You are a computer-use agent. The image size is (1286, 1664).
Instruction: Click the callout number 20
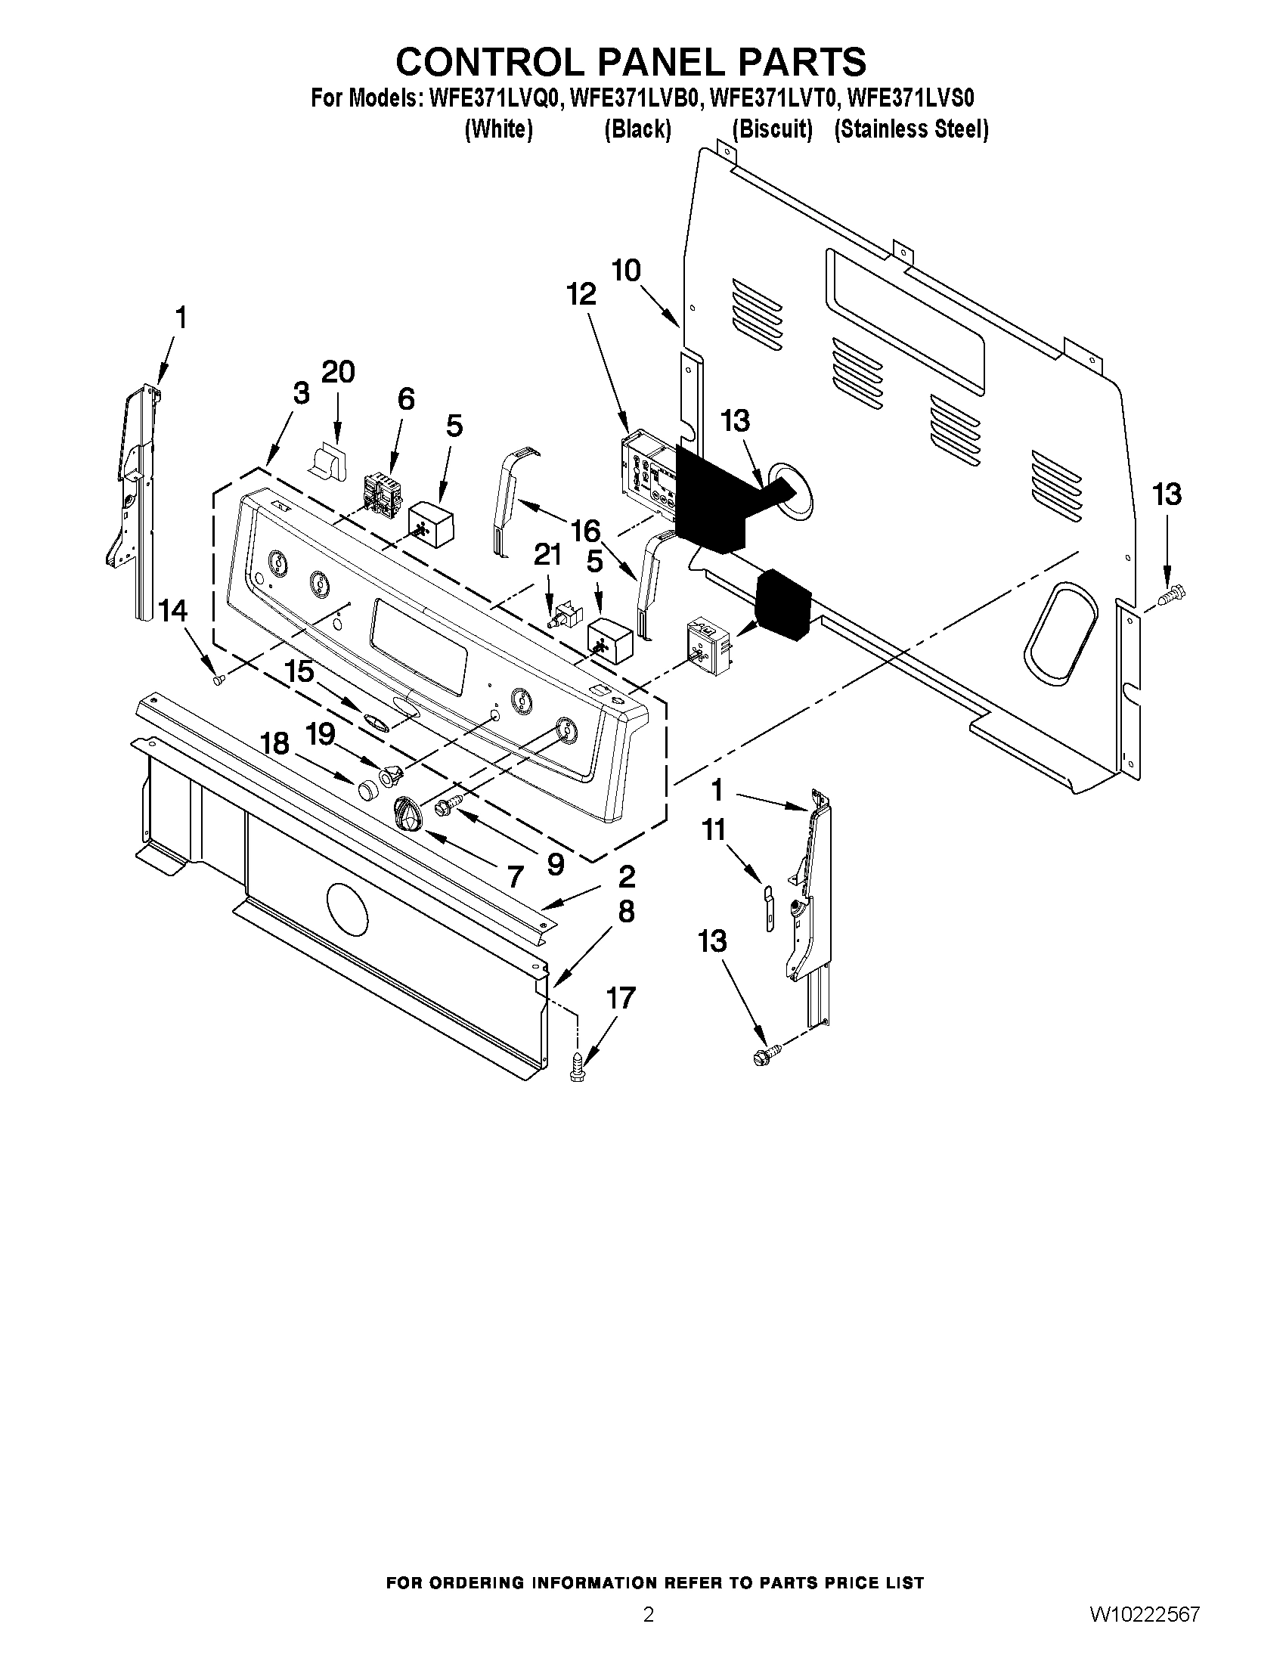click(x=338, y=373)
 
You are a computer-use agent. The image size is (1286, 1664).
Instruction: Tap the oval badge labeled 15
click(x=376, y=721)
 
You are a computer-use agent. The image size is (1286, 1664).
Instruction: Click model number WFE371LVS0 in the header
click(x=911, y=98)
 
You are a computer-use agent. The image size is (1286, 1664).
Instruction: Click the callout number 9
click(x=556, y=864)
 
